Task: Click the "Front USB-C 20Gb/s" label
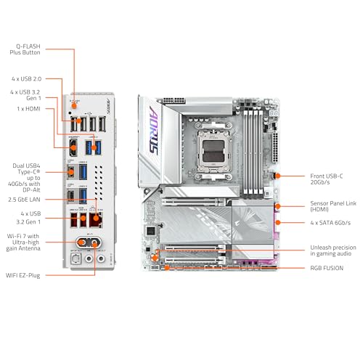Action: (327, 179)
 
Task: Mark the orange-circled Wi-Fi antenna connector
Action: (90, 242)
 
